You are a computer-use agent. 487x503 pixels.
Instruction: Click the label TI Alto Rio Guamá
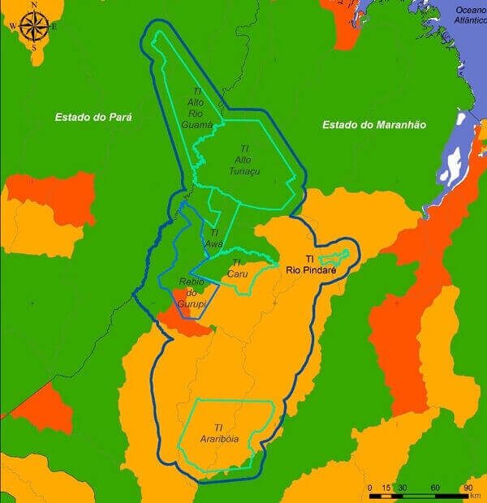tap(200, 109)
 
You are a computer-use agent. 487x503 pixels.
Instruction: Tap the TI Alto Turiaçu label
tap(243, 160)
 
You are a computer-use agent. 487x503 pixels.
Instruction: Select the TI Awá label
tap(214, 238)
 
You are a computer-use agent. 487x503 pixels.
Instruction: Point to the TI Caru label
tap(237, 269)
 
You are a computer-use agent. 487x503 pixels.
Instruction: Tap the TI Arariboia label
tap(218, 433)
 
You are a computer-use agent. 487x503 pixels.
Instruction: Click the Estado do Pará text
tap(93, 117)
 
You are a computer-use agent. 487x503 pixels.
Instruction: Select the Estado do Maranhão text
tap(374, 124)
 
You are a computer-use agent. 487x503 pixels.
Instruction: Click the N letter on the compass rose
tap(34, 5)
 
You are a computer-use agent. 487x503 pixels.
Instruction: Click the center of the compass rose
tap(34, 27)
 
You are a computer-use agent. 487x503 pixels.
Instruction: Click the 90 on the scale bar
tap(468, 488)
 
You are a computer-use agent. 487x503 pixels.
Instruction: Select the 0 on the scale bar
tap(370, 488)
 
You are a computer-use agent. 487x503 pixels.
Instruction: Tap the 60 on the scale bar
tap(436, 488)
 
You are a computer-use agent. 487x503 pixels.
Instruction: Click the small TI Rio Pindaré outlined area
tap(334, 259)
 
